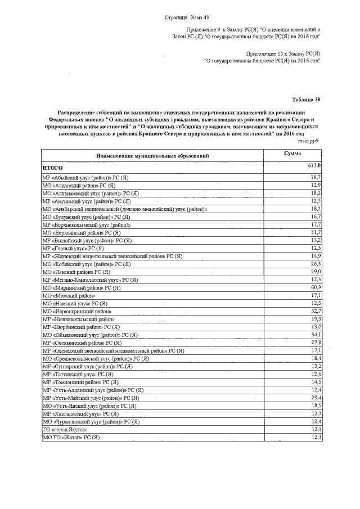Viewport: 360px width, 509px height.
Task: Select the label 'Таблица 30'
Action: (307, 99)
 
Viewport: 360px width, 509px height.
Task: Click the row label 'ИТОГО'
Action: (52, 168)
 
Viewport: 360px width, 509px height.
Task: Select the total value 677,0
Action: (314, 166)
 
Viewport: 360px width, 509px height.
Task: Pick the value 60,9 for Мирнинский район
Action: (315, 287)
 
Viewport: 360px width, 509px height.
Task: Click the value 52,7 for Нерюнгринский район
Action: (315, 311)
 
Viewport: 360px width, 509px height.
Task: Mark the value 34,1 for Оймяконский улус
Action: (315, 335)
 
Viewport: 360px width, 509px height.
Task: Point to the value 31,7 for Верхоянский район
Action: (315, 232)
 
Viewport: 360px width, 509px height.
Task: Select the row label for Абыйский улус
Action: (85, 177)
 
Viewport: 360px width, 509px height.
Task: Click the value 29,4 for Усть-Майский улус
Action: (315, 398)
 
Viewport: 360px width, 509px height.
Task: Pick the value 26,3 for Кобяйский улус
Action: (315, 264)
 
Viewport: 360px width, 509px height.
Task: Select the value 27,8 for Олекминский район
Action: (315, 343)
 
